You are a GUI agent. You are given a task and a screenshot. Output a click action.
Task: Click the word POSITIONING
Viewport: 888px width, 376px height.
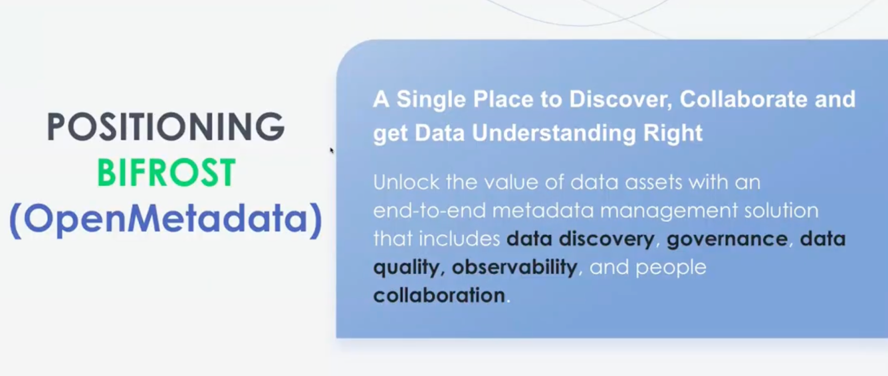(165, 127)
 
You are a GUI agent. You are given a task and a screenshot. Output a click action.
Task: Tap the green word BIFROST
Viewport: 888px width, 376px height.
(167, 173)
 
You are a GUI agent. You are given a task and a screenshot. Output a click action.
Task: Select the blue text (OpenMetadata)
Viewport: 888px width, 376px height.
(165, 219)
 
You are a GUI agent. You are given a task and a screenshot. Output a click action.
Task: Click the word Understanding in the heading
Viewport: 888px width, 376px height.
(553, 133)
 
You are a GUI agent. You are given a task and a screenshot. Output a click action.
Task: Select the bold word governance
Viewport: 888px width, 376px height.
(727, 239)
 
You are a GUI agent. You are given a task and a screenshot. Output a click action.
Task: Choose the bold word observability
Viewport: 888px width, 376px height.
(514, 267)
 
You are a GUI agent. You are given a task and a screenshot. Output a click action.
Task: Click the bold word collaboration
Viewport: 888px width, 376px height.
(439, 295)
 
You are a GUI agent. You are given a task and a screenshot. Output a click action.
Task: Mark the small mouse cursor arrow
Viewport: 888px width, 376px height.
(331, 150)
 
